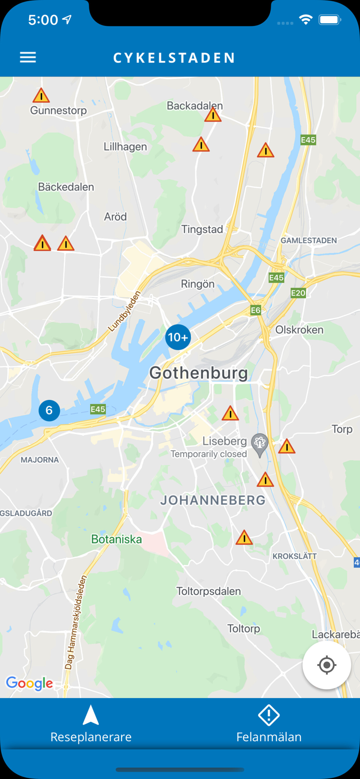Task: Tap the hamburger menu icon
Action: point(28,57)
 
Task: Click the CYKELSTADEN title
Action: point(174,58)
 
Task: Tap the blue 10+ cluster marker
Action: point(178,338)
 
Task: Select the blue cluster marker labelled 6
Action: point(49,410)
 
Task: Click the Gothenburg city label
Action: point(198,373)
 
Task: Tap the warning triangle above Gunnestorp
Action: point(41,96)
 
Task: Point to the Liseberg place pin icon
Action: point(259,444)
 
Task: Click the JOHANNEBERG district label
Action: point(213,501)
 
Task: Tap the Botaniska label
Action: point(116,539)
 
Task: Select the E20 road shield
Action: point(298,293)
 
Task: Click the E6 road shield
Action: point(256,310)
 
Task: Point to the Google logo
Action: point(30,683)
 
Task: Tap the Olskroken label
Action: point(299,330)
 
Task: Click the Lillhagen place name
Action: point(125,146)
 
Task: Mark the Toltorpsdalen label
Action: point(208,591)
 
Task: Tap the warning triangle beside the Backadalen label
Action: point(212,115)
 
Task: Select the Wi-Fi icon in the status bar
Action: point(305,20)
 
